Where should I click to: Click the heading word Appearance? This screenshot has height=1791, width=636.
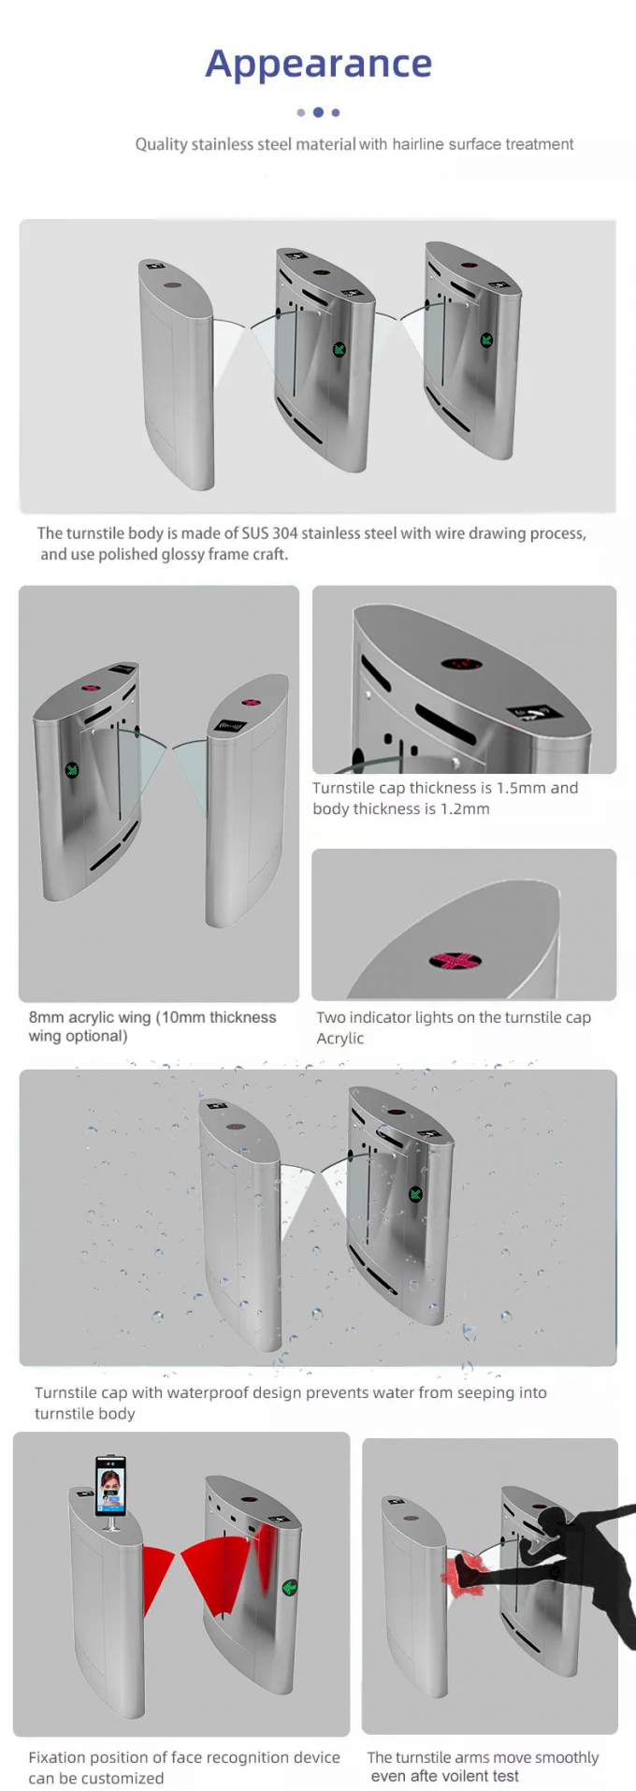click(318, 64)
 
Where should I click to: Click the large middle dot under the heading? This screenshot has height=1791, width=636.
click(318, 112)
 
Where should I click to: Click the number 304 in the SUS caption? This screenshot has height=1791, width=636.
click(285, 533)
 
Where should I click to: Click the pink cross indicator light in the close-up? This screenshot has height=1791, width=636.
click(455, 961)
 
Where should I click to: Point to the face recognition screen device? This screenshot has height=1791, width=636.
click(111, 1487)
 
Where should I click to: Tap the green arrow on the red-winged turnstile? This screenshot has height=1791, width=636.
click(290, 1587)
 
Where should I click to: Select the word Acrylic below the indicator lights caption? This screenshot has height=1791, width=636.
click(340, 1038)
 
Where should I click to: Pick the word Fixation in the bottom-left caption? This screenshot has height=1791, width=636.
click(59, 1757)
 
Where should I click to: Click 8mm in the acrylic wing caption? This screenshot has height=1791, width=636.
click(46, 1017)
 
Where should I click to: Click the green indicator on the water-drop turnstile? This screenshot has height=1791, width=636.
click(415, 1194)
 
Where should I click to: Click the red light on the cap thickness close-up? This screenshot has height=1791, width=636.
click(461, 664)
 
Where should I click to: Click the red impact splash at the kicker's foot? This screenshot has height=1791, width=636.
click(464, 1572)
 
